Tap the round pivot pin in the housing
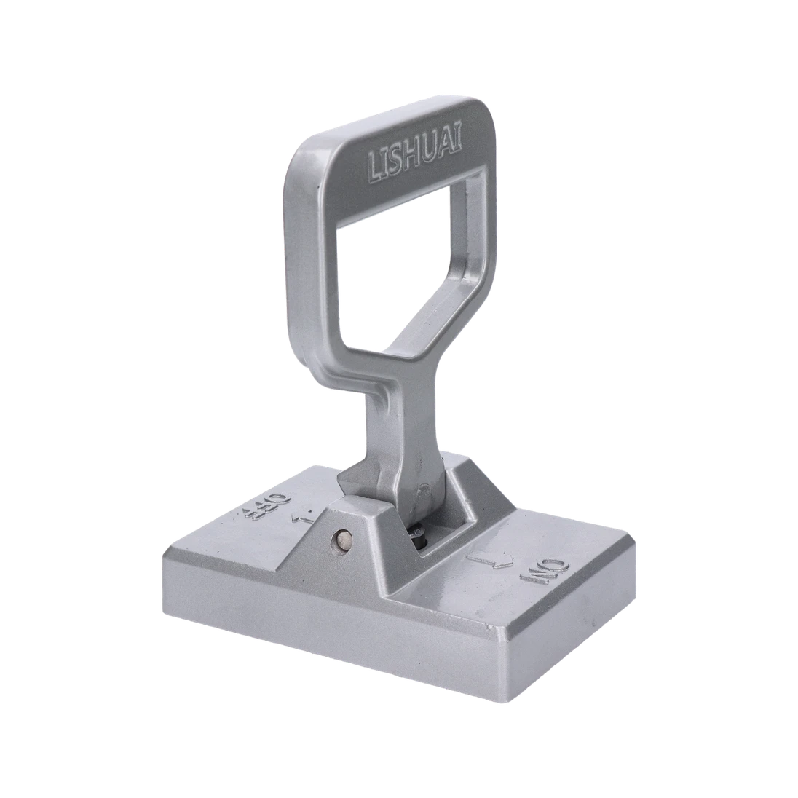click(343, 540)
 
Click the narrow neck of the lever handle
click(383, 422)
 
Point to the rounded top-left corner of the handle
click(299, 146)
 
